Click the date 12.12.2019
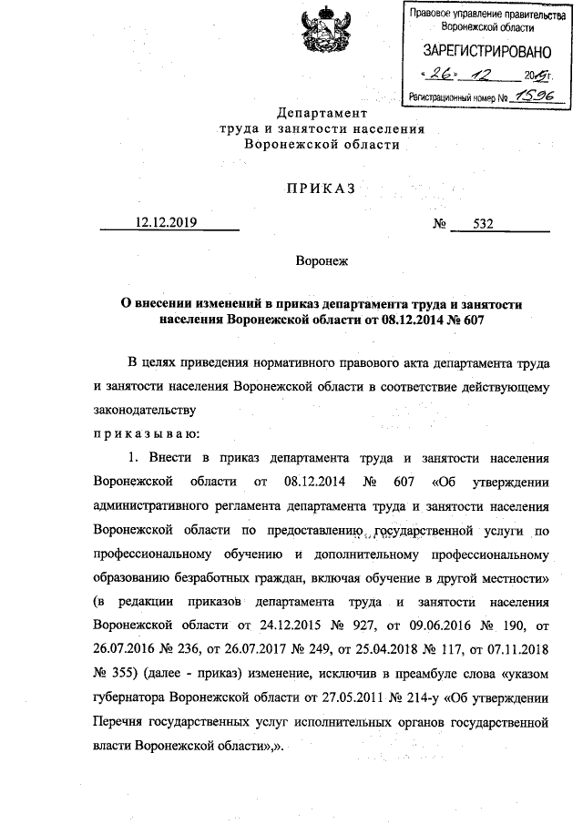pos(168,221)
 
